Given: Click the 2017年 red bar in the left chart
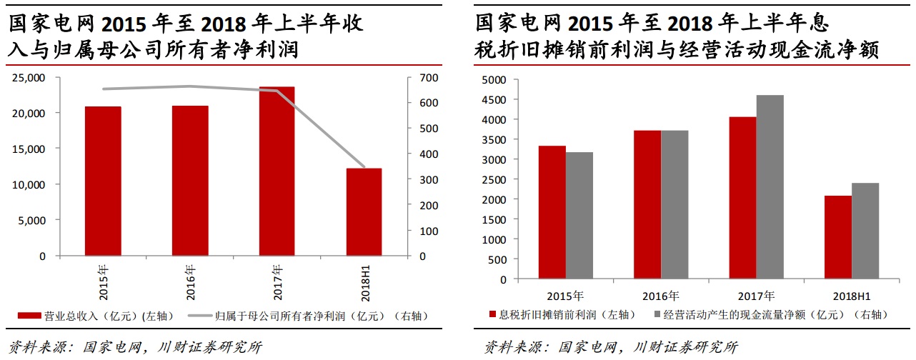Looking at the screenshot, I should pos(277,171).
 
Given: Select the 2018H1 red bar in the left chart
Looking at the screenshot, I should pos(364,212).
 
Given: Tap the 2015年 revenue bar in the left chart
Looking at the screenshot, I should pos(103,181).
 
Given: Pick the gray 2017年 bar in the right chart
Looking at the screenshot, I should pos(770,187).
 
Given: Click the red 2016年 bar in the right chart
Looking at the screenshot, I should pos(647,204).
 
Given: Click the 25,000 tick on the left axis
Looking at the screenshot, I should pos(29,77).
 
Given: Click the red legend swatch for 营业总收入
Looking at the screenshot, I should pos(29,314).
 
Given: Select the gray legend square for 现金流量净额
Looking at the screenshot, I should pos(656,314).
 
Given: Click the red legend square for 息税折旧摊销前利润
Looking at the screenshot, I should pos(492,314).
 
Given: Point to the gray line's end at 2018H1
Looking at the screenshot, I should pos(364,166).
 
